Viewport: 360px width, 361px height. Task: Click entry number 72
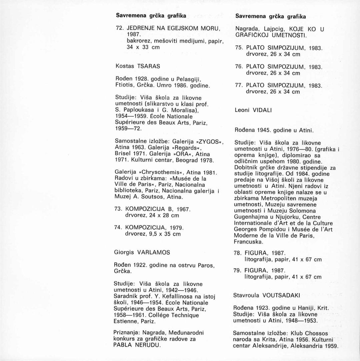(119, 28)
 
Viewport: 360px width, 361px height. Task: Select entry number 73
(119, 209)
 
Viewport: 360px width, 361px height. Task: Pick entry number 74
(119, 228)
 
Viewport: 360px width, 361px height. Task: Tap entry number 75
(239, 47)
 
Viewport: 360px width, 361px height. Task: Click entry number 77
(239, 85)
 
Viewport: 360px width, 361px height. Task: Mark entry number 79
(239, 270)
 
